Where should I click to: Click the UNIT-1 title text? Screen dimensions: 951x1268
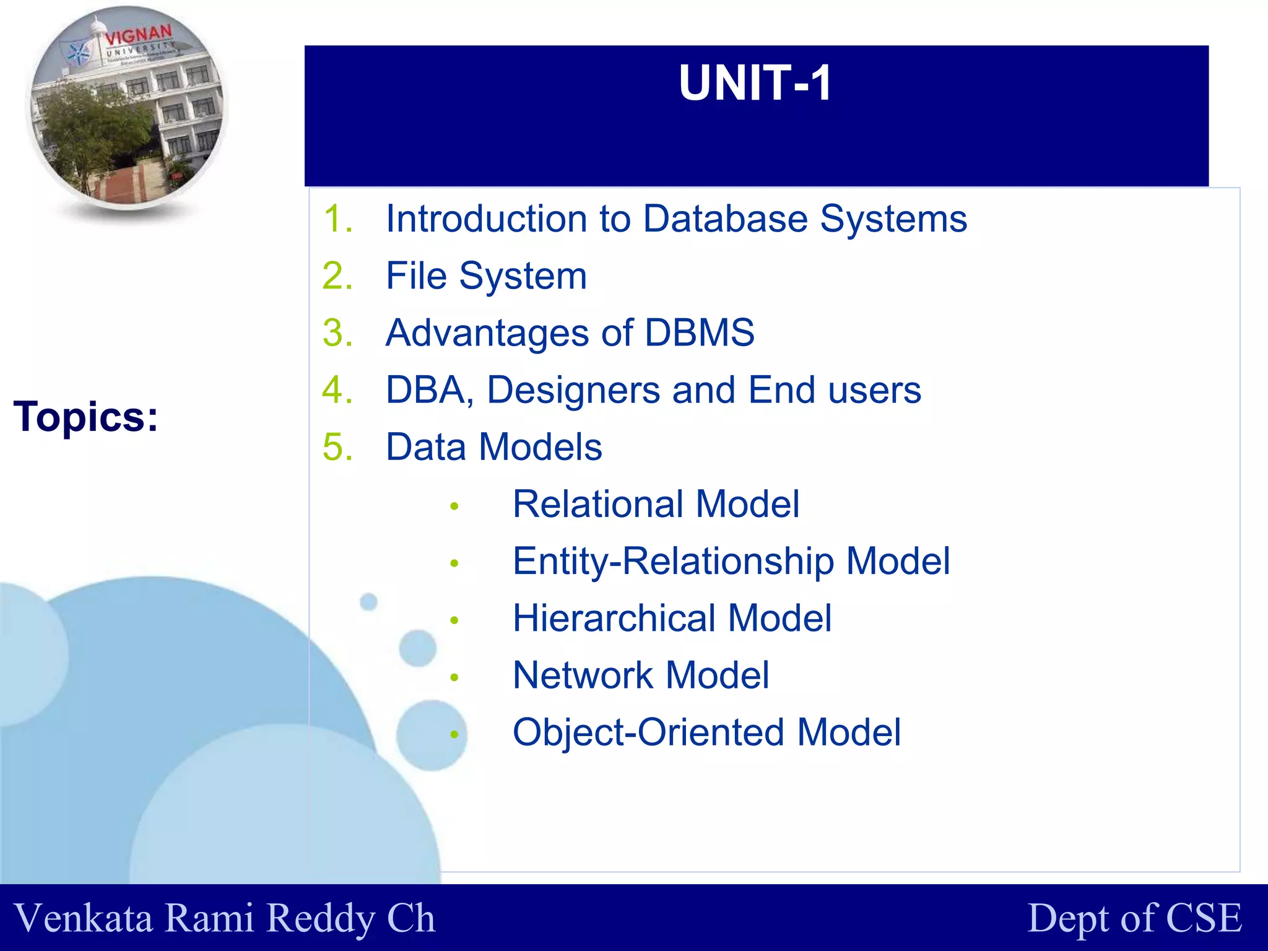[755, 83]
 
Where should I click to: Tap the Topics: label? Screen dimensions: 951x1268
[86, 417]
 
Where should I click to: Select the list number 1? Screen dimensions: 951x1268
[337, 219]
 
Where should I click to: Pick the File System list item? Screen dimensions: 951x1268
[486, 276]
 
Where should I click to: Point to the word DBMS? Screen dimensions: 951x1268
[700, 333]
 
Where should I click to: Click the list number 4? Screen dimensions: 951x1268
[337, 390]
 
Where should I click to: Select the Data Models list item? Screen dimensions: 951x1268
[493, 447]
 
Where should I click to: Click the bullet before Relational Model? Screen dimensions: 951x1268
[454, 506]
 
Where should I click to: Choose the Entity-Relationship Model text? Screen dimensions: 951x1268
[731, 562]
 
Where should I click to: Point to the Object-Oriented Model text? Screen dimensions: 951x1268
[706, 732]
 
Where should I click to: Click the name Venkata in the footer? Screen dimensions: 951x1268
[84, 918]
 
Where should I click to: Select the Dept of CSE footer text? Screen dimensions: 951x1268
[1134, 918]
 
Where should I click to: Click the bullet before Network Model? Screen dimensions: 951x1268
[454, 677]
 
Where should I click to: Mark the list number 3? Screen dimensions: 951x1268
[337, 333]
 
